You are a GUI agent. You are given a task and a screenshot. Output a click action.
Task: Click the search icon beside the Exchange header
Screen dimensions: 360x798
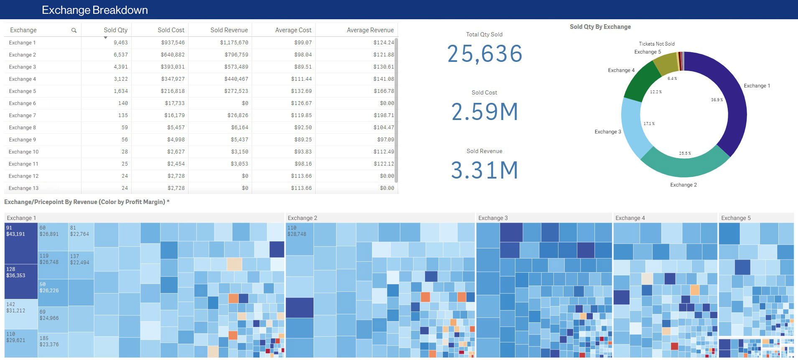[74, 30]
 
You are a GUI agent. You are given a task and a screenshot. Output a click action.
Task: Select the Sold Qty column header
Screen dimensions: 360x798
[115, 30]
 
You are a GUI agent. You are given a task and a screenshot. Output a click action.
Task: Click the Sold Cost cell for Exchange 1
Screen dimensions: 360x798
[173, 43]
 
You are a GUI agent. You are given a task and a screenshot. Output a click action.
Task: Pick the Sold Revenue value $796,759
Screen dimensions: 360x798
[236, 55]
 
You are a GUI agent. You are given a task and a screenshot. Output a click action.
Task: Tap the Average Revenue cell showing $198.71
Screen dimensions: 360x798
[383, 115]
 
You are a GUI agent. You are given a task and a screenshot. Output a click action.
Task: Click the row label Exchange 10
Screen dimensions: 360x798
[24, 152]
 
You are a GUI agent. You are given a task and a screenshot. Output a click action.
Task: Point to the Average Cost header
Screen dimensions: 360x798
[293, 30]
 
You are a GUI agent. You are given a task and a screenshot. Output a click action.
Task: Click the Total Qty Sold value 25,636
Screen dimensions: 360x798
[484, 54]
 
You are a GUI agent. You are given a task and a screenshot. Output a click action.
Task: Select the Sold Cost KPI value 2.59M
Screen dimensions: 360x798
[484, 112]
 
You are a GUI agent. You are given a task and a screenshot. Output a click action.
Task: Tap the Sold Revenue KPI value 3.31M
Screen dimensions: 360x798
[484, 170]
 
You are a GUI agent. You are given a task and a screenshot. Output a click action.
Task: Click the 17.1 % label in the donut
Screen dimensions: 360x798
[649, 124]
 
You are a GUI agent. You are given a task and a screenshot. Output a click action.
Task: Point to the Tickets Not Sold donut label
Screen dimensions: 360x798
[656, 44]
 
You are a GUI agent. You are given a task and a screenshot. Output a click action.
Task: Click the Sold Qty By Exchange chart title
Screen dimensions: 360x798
[600, 27]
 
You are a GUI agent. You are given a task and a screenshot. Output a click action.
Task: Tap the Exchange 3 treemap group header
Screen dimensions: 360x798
[493, 218]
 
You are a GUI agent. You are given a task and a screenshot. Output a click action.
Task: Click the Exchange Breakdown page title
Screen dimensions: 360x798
[95, 10]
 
